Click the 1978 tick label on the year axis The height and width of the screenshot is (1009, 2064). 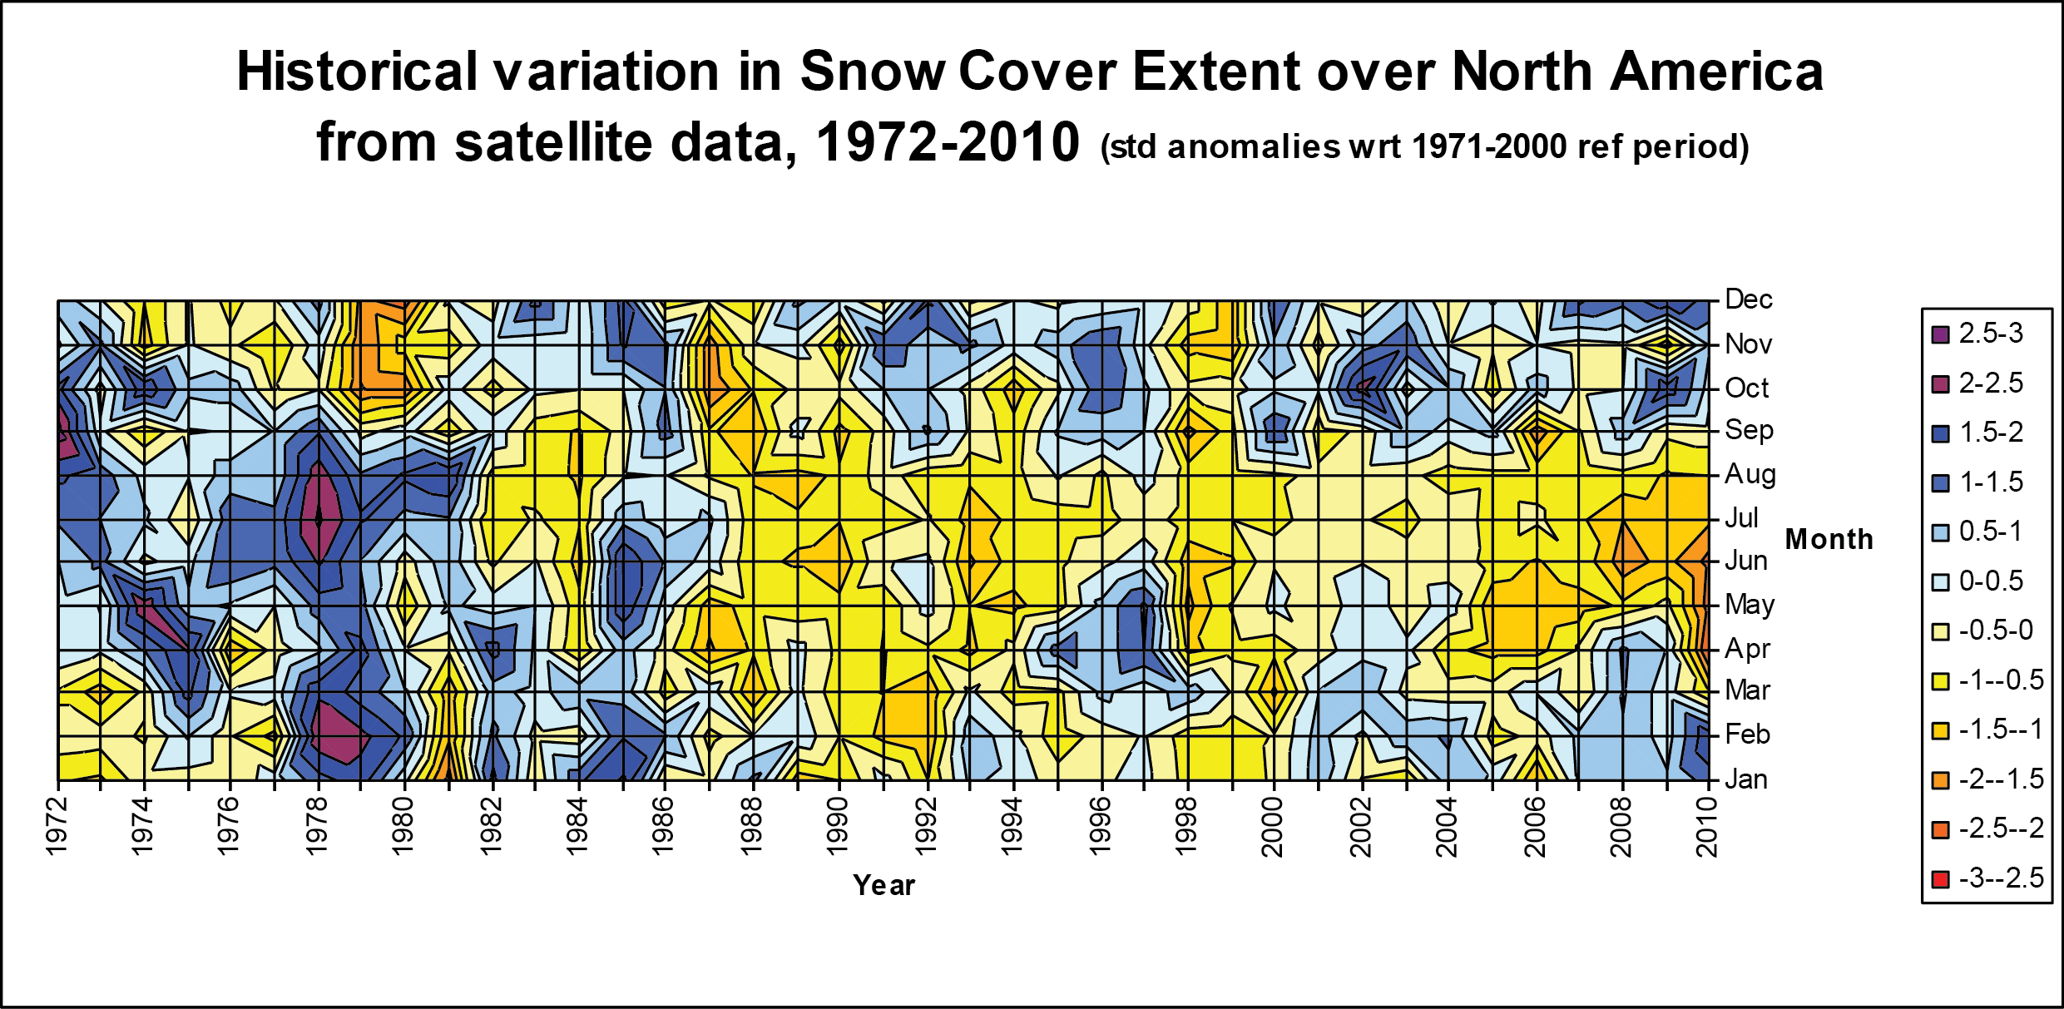317,825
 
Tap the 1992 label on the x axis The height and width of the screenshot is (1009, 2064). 926,825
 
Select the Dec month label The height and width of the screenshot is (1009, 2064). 1748,299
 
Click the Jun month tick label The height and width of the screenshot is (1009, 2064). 1746,561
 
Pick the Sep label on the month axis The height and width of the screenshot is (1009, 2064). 1749,430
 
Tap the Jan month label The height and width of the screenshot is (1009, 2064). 1745,779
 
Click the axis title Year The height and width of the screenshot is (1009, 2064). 884,885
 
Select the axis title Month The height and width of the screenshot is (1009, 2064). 1829,539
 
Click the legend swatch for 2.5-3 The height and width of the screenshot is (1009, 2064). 1940,335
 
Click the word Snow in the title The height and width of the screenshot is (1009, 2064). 873,72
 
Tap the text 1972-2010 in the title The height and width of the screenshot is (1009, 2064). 947,142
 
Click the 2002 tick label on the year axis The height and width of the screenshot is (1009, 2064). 1360,825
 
